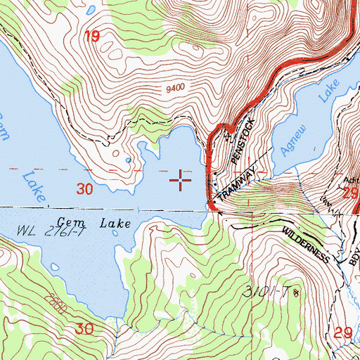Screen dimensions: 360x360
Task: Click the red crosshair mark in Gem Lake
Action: pyautogui.click(x=181, y=181)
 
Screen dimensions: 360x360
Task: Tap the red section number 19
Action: pyautogui.click(x=92, y=37)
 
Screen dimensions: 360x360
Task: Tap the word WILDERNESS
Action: pyautogui.click(x=307, y=245)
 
